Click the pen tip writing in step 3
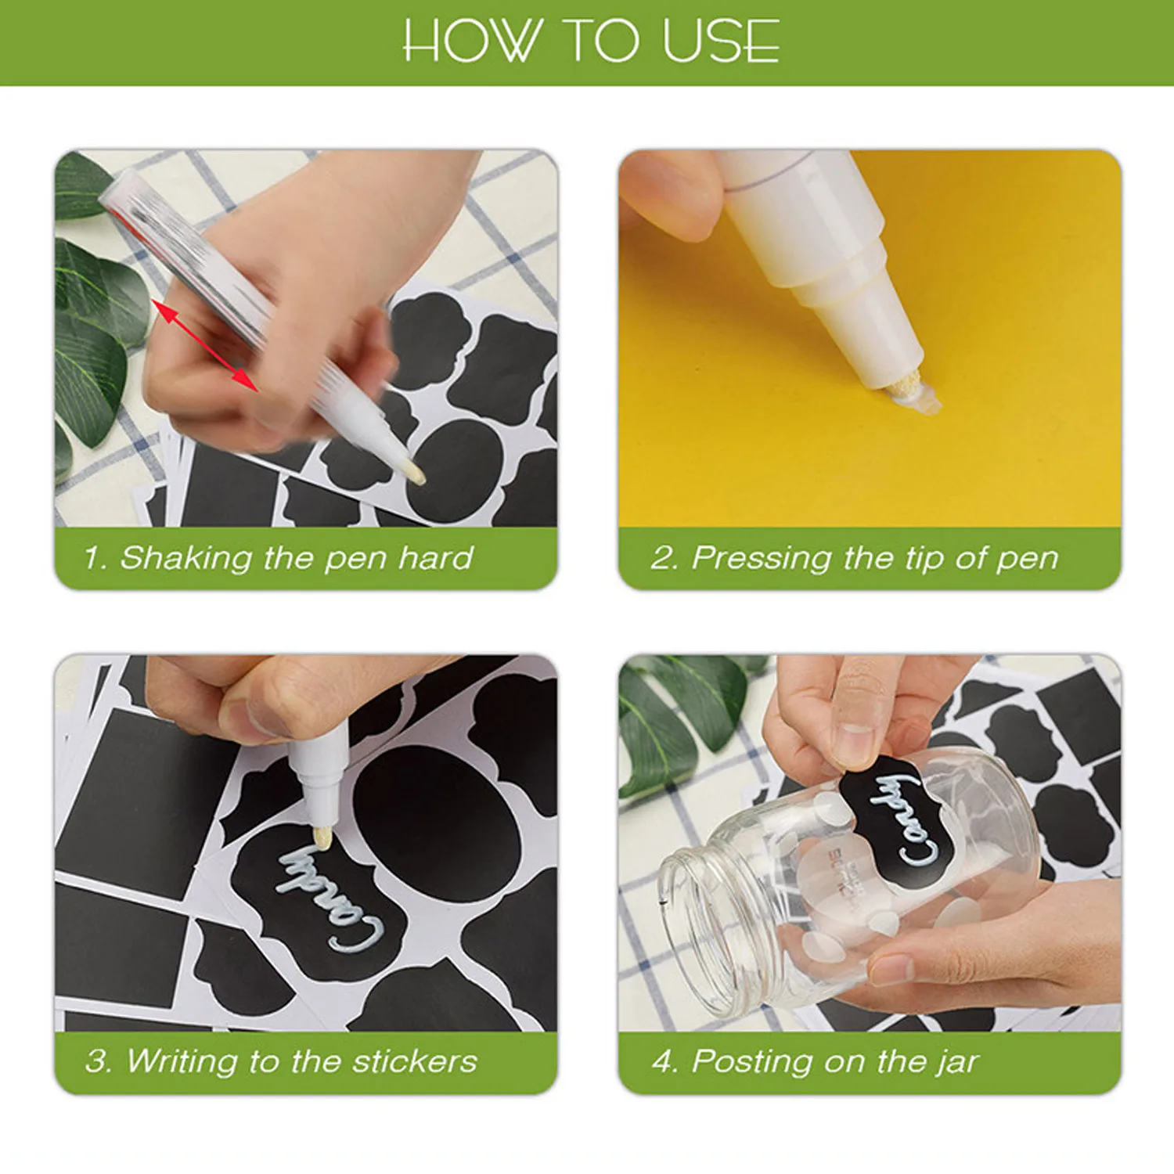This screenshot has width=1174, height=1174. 322,838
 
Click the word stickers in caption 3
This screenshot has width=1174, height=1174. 414,1062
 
